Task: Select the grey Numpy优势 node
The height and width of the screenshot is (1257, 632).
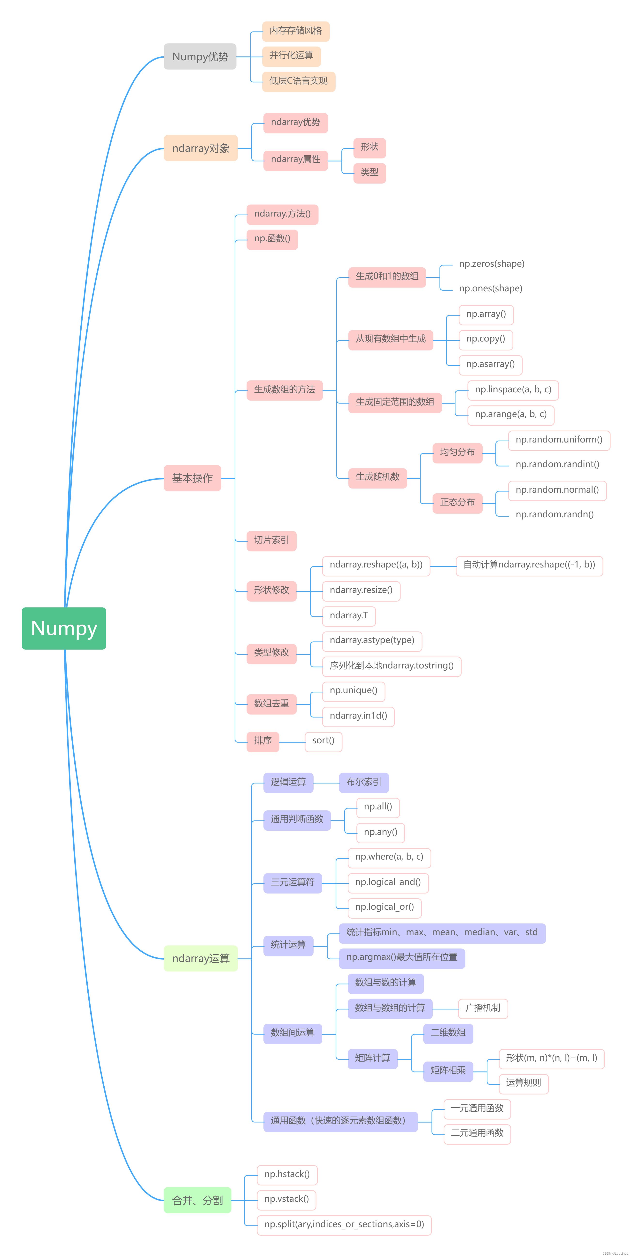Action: coord(200,57)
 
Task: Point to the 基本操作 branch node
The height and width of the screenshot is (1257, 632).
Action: coord(192,478)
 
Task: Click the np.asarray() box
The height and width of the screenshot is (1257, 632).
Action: coord(491,365)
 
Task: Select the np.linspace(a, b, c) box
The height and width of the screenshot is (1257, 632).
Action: coord(513,390)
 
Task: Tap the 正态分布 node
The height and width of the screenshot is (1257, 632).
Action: coord(457,503)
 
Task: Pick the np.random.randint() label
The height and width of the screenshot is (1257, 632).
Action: coord(557,465)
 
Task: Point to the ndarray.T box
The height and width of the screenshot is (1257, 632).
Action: coord(349,616)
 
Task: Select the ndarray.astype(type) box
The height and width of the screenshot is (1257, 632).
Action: coord(372,641)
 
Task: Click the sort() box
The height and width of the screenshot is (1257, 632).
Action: coord(323,741)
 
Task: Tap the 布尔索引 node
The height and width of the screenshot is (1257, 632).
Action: coord(364,782)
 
